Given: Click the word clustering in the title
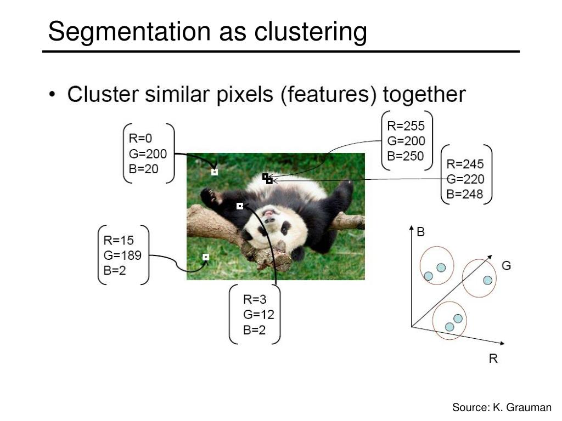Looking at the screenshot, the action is [x=311, y=31].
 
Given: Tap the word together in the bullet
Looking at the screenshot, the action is [x=424, y=94].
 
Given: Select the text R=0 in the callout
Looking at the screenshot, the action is [x=140, y=138].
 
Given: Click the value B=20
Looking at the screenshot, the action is [x=143, y=169].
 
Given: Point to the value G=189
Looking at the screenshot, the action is [x=122, y=255].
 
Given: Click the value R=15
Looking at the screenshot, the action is [x=119, y=240].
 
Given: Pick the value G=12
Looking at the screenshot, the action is [x=258, y=315].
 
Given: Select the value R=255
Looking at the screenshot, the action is [x=406, y=126].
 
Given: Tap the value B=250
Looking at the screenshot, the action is [x=406, y=156].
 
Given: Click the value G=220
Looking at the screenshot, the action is [x=465, y=179].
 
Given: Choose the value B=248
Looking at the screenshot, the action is [x=464, y=194].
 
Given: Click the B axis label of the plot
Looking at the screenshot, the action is [x=421, y=232].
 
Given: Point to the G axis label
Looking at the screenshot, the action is [x=506, y=266].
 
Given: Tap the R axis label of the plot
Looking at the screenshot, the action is [x=493, y=359].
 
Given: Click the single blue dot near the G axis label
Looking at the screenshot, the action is [x=487, y=280].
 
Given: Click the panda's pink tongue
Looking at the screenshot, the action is [x=268, y=214].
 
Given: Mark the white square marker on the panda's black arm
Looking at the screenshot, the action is [x=240, y=206].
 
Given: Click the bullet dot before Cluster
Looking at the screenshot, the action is [x=53, y=94].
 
